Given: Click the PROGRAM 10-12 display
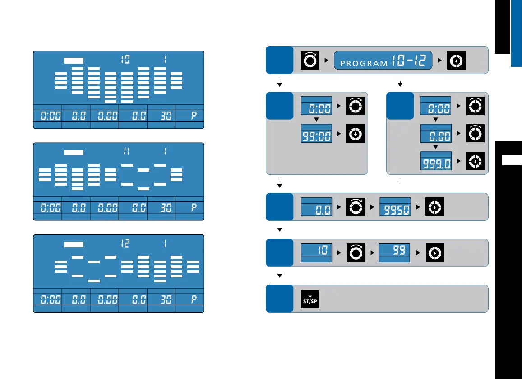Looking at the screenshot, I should coord(383,60).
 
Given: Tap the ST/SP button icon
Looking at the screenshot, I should coord(310,299).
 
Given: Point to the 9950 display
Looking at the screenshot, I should coord(395,208).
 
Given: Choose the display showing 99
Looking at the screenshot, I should coord(394,252).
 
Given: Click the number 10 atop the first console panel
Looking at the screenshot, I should coord(125,60).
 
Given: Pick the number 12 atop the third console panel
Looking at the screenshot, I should coord(125,243).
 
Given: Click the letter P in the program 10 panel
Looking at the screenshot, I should coord(194,116).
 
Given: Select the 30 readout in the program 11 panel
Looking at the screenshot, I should coord(161,208).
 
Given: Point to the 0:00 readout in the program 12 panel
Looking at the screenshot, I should coord(47,299).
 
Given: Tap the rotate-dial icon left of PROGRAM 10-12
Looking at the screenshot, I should coord(310,60).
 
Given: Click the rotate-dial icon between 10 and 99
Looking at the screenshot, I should coord(355,253).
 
